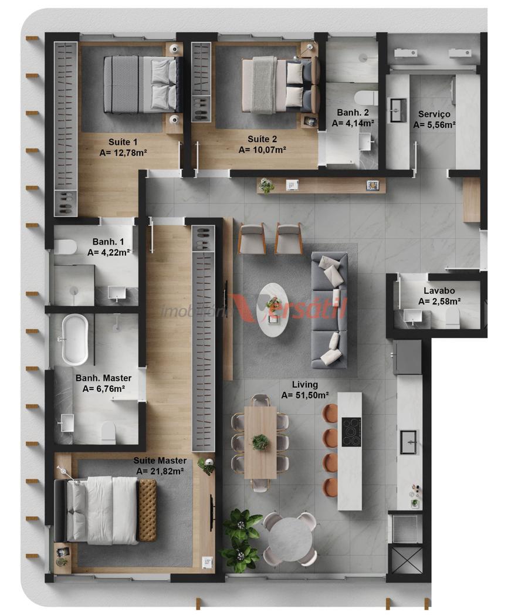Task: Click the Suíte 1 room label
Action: click(123, 142)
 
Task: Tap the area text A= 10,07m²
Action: click(262, 150)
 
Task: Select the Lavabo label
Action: click(439, 291)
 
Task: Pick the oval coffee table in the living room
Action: click(273, 310)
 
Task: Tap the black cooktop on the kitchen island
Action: click(351, 432)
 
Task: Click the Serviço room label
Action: click(434, 114)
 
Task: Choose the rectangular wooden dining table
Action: click(260, 442)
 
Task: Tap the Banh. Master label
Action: click(103, 378)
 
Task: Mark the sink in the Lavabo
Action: click(412, 317)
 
